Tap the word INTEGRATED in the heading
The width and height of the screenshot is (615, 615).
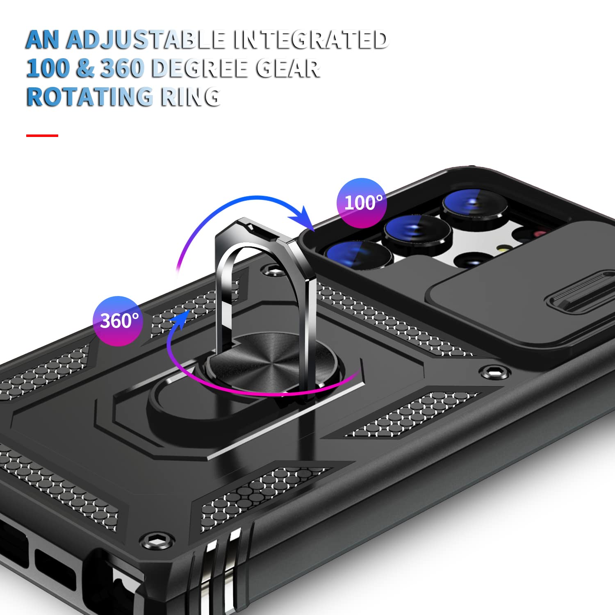(x=310, y=40)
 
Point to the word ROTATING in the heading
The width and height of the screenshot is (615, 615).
(x=89, y=97)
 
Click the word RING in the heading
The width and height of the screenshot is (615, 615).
(x=190, y=97)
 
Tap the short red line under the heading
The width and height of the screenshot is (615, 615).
(x=42, y=135)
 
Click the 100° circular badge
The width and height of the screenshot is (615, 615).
(x=362, y=203)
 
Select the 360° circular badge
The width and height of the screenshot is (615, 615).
(x=118, y=321)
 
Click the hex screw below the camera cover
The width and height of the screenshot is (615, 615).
(x=494, y=372)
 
